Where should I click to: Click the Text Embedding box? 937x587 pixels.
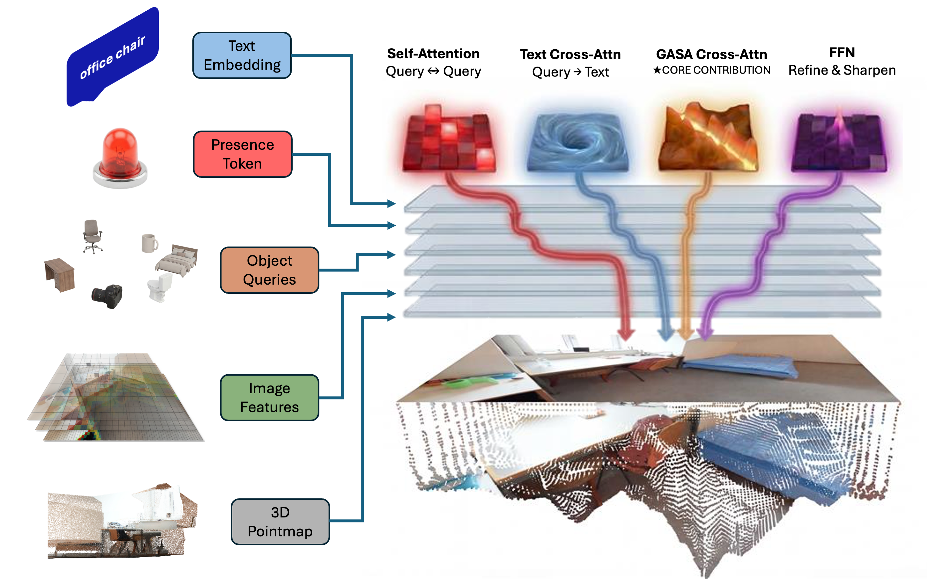click(x=242, y=55)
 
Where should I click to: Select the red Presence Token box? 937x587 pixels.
click(x=243, y=154)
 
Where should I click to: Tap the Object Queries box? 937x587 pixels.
click(x=269, y=270)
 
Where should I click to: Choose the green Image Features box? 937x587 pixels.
click(x=269, y=397)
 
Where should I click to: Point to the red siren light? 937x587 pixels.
click(x=120, y=157)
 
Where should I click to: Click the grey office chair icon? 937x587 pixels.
click(x=92, y=236)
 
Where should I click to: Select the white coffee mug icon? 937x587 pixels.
click(x=149, y=243)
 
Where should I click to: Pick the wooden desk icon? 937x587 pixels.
click(x=59, y=274)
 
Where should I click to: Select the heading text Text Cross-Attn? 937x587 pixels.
click(x=570, y=54)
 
